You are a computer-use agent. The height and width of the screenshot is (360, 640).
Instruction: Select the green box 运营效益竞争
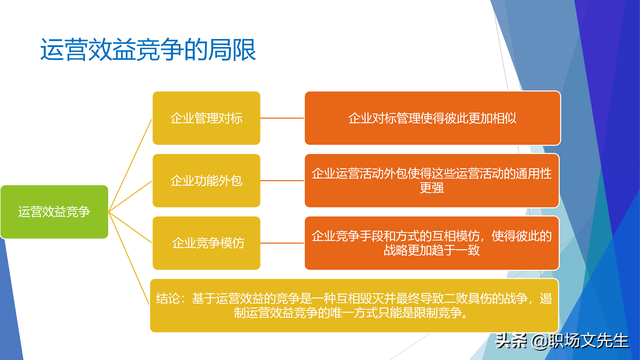55,212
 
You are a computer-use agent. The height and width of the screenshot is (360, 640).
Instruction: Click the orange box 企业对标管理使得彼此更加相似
433,118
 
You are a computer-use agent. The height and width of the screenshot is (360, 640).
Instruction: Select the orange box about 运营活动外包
433,180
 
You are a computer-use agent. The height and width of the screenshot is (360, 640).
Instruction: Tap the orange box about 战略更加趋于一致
433,242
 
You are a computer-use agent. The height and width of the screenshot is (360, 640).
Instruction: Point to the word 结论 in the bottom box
170,297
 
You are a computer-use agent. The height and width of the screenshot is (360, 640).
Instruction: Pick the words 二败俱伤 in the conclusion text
446,297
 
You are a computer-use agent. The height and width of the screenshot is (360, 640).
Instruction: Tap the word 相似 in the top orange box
505,118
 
